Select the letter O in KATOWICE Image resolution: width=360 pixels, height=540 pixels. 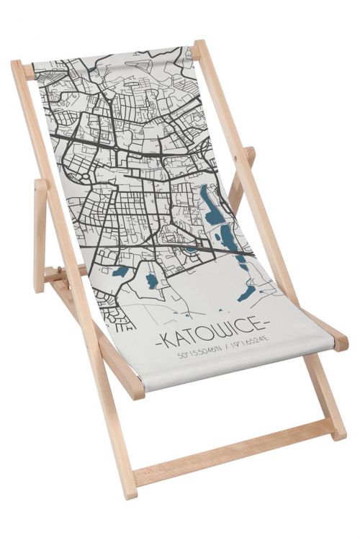[202, 337]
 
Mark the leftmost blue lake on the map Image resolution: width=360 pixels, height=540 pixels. [122, 272]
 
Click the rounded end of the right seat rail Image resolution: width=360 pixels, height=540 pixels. [341, 344]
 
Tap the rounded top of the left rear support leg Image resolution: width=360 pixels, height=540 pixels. [40, 186]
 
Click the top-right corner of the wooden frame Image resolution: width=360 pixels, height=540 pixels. [199, 45]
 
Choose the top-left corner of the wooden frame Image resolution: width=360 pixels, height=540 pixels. [17, 65]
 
